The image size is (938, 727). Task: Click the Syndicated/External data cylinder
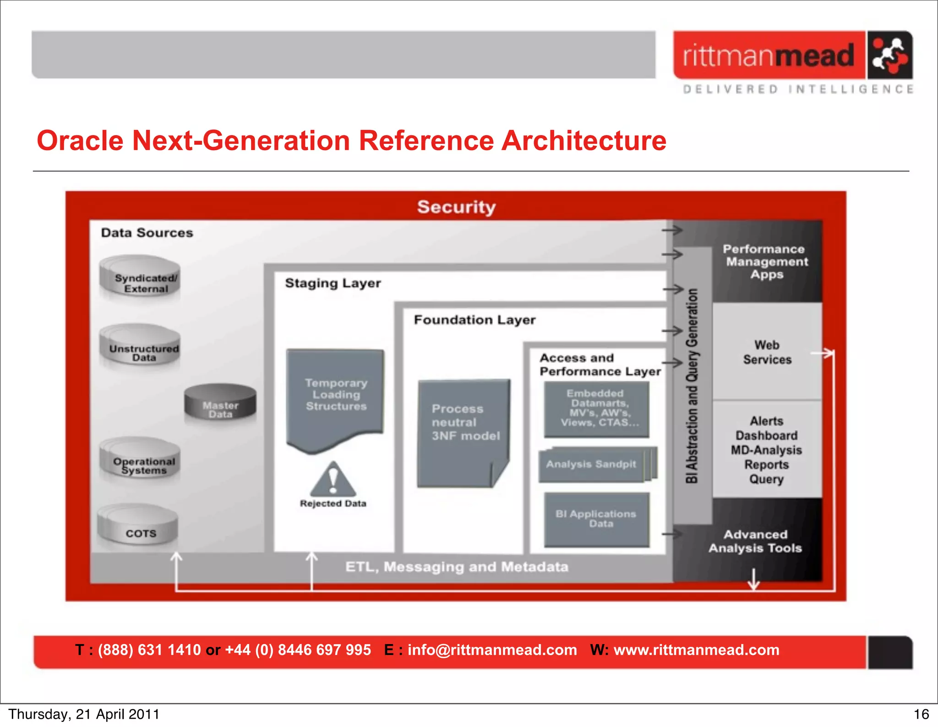coord(140,277)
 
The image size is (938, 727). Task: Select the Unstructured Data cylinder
coord(140,347)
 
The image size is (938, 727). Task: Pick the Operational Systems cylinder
coord(140,460)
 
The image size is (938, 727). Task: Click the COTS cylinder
coord(138,527)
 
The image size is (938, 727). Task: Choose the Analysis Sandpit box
coord(592,465)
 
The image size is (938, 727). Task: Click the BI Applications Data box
coord(596,519)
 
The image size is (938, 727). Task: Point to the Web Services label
coord(767,352)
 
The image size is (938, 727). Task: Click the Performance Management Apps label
coord(766,262)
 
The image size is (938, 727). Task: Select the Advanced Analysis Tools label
coord(755,541)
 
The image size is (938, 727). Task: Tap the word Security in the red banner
coord(456,207)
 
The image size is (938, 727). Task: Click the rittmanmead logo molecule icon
coord(889,55)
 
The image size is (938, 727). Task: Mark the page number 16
coord(921,714)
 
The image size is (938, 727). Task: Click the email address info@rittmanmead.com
coord(492,650)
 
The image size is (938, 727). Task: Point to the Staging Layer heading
coord(333,283)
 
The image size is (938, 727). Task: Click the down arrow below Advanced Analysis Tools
coord(753,580)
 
